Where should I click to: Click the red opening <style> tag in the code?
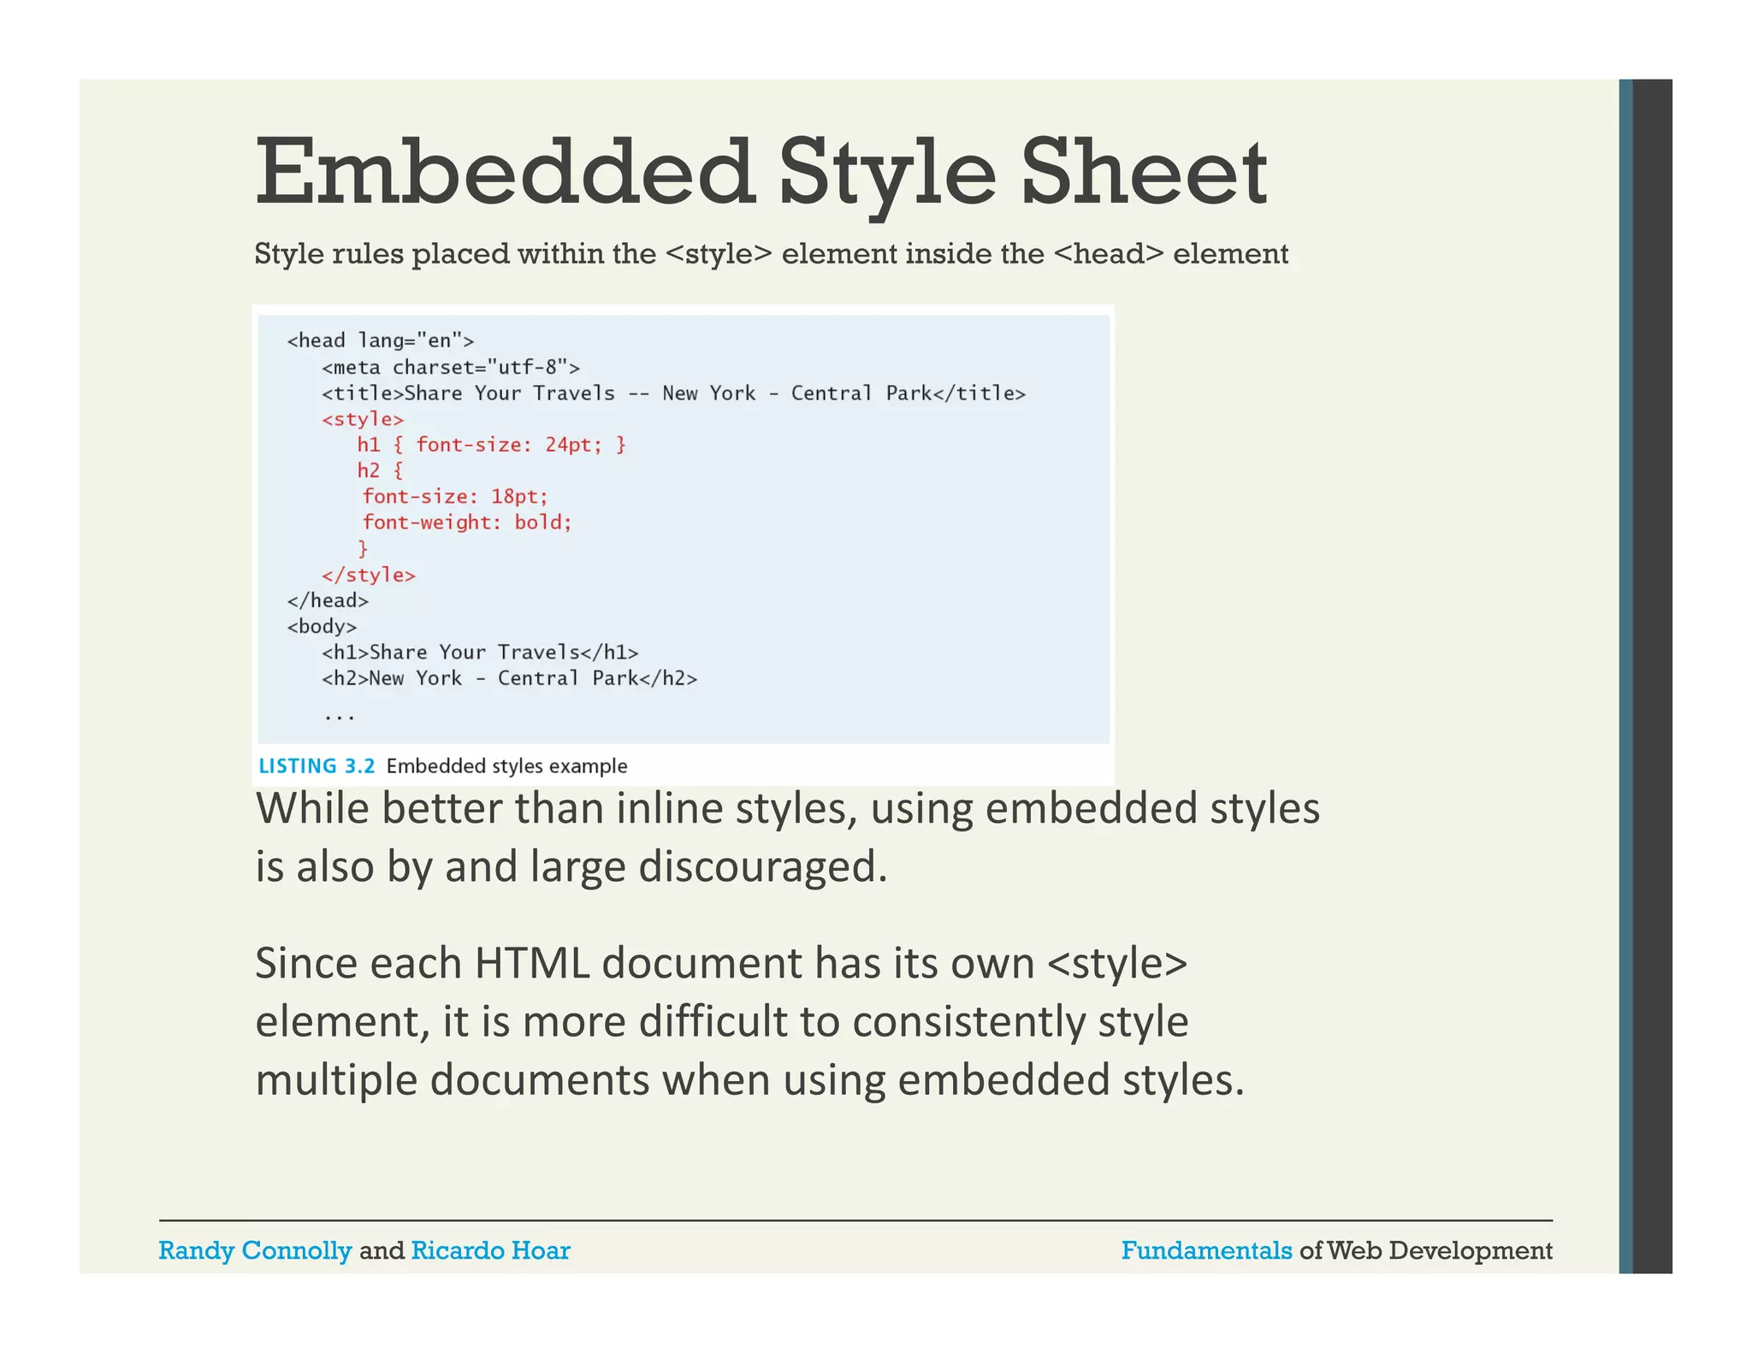tap(363, 419)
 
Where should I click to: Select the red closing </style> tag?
tap(369, 575)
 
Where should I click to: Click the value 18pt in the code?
tap(518, 497)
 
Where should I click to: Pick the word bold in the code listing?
tap(542, 523)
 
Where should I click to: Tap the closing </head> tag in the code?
tap(328, 600)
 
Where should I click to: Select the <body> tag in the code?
tap(322, 627)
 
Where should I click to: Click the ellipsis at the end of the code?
tap(340, 716)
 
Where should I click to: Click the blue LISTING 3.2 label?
tap(317, 766)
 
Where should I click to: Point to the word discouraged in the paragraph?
tap(762, 866)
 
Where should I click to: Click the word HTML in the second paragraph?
tap(531, 964)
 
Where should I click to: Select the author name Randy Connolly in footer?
tap(255, 1250)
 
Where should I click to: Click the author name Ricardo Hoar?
tap(490, 1250)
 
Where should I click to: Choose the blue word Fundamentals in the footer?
tap(1206, 1250)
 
